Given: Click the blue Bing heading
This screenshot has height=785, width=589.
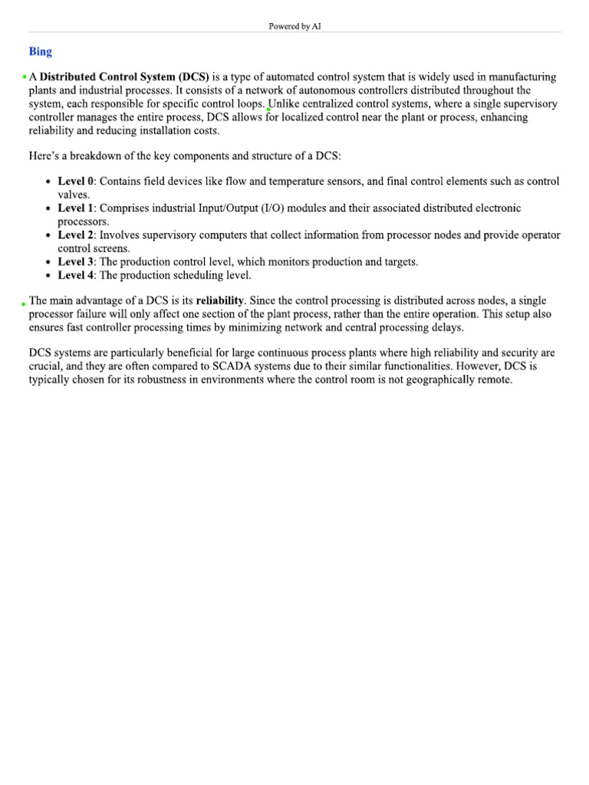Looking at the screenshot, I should tap(41, 51).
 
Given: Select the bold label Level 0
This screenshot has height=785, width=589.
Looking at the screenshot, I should tap(76, 182).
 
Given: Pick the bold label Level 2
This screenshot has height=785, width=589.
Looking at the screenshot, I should tap(76, 235).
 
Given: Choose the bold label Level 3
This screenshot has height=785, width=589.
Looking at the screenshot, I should tap(76, 262).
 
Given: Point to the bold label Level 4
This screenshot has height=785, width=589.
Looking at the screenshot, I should tap(76, 275).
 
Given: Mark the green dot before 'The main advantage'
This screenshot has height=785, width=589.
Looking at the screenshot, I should tap(24, 304).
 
